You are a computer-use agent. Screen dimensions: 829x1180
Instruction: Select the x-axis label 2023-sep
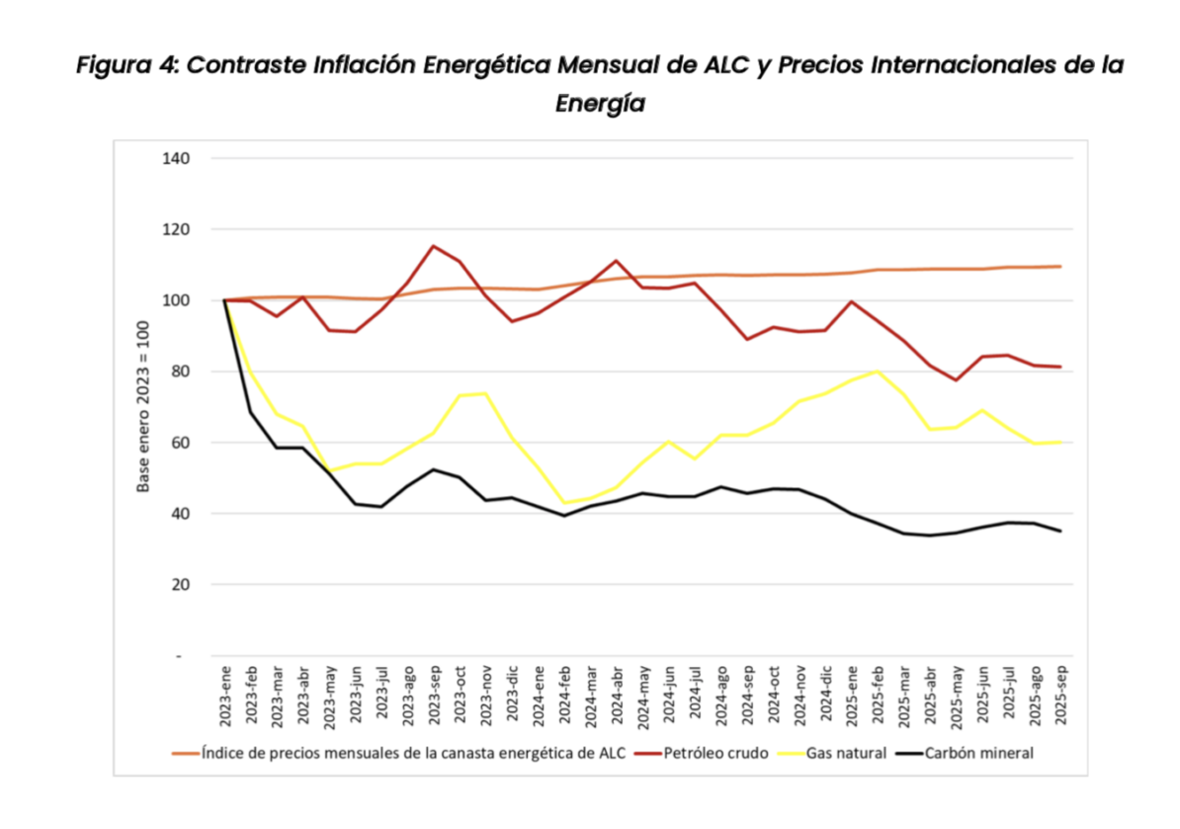tap(433, 696)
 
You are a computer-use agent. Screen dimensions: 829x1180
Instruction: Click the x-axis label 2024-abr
tap(616, 696)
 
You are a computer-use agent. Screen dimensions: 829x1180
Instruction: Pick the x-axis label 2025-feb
tap(877, 696)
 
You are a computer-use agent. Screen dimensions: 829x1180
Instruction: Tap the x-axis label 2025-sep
tap(1060, 696)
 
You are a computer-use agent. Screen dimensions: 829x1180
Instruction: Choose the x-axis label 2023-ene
tap(225, 696)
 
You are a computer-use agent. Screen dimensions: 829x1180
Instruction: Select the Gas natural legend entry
tap(846, 754)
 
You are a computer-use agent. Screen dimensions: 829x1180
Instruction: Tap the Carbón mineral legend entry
tap(979, 754)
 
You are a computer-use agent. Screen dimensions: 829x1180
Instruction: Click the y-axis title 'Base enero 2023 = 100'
tap(144, 407)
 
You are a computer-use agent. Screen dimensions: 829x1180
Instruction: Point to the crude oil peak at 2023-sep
tap(433, 246)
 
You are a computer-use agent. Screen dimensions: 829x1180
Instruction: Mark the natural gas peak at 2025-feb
tap(877, 371)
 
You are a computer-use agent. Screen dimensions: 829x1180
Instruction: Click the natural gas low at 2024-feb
tap(563, 503)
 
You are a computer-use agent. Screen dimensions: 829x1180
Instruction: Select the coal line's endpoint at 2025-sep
tap(1060, 532)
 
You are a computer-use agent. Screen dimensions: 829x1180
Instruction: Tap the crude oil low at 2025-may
tap(956, 380)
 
